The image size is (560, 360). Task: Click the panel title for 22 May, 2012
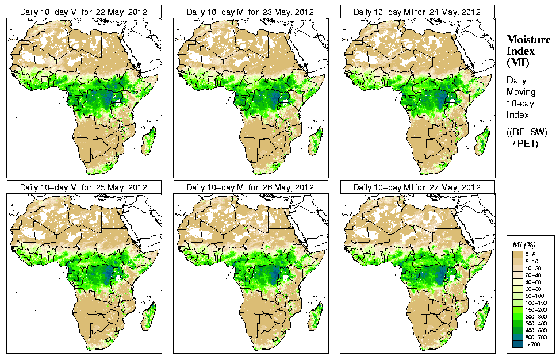pos(83,12)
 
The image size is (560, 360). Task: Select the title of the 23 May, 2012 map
pos(250,12)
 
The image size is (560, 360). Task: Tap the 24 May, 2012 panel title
pos(417,12)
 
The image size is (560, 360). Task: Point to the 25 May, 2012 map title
pos(83,187)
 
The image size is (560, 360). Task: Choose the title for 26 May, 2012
pos(250,187)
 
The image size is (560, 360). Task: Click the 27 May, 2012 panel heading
pos(417,187)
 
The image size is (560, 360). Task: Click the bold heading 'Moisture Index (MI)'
pos(528,51)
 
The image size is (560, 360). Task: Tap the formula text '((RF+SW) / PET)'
pos(527,137)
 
